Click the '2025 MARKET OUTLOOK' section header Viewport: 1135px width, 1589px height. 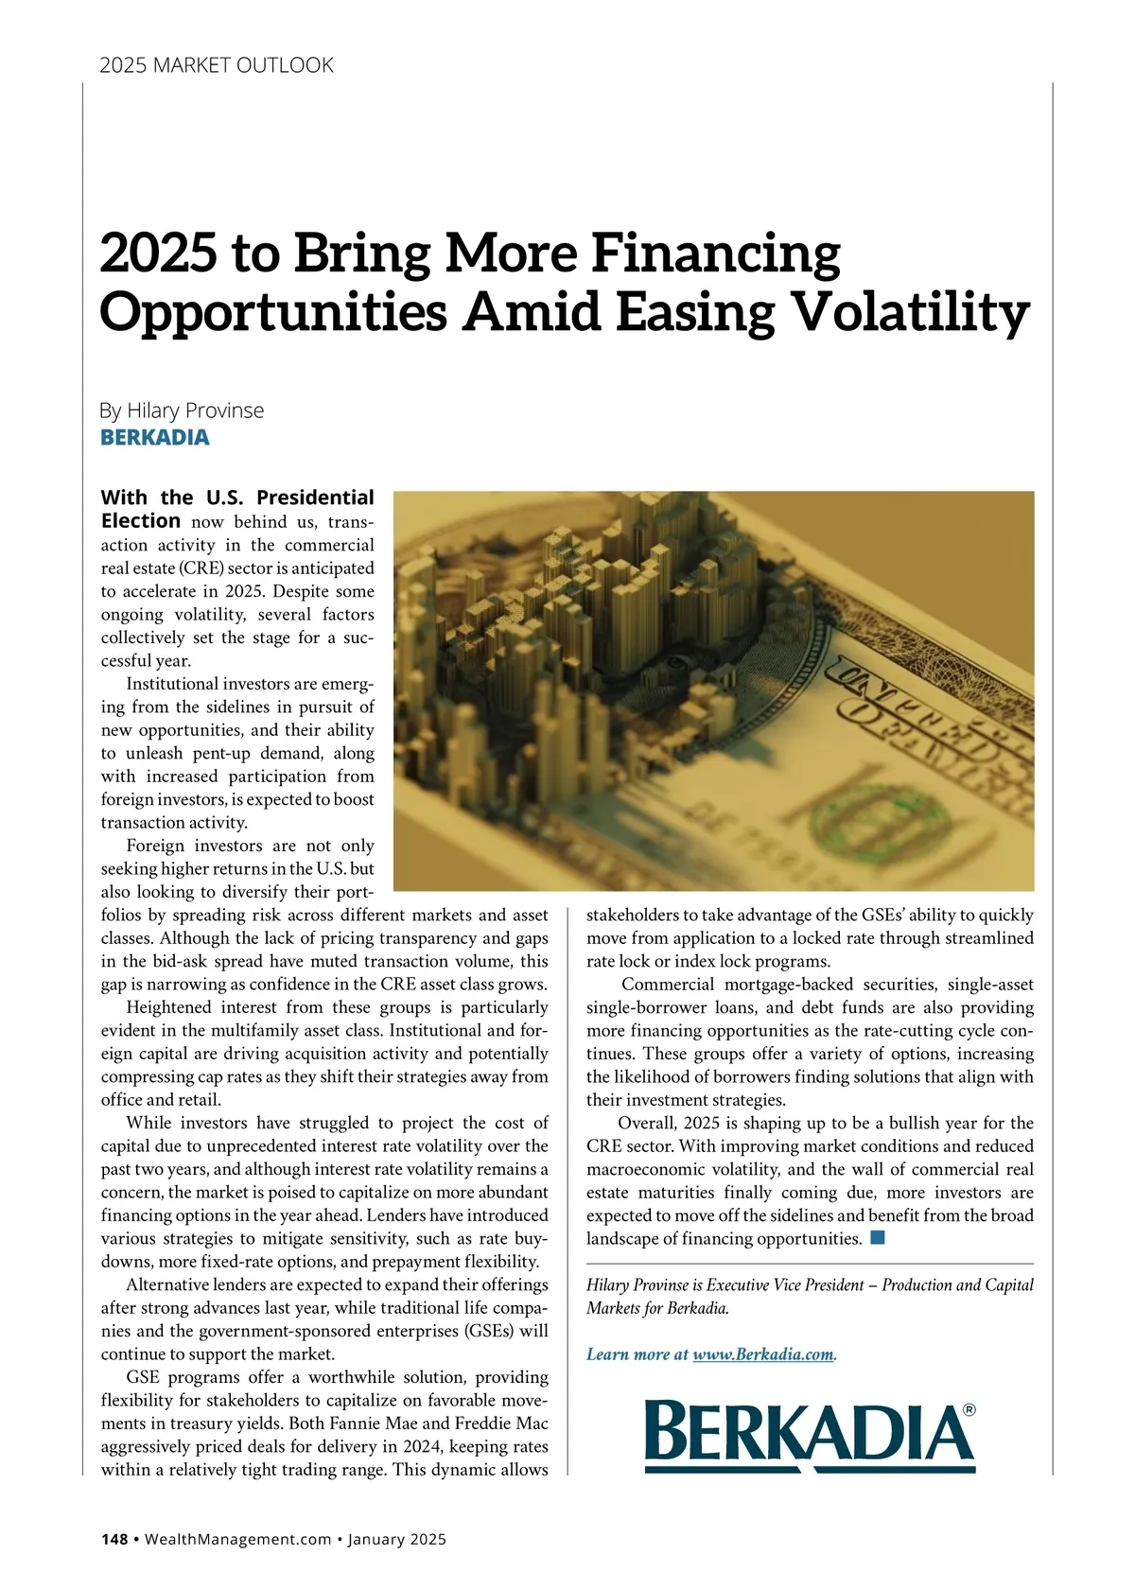click(x=217, y=65)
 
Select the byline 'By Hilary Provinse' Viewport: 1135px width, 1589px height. click(x=182, y=410)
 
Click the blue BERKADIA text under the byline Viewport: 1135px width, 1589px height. click(x=155, y=438)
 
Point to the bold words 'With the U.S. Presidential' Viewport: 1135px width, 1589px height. click(x=237, y=498)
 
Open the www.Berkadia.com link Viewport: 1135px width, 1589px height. click(x=763, y=1354)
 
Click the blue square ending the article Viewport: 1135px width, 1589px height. click(x=878, y=1237)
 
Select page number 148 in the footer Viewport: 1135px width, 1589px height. click(x=114, y=1539)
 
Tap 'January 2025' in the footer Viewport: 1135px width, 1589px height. click(x=396, y=1539)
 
